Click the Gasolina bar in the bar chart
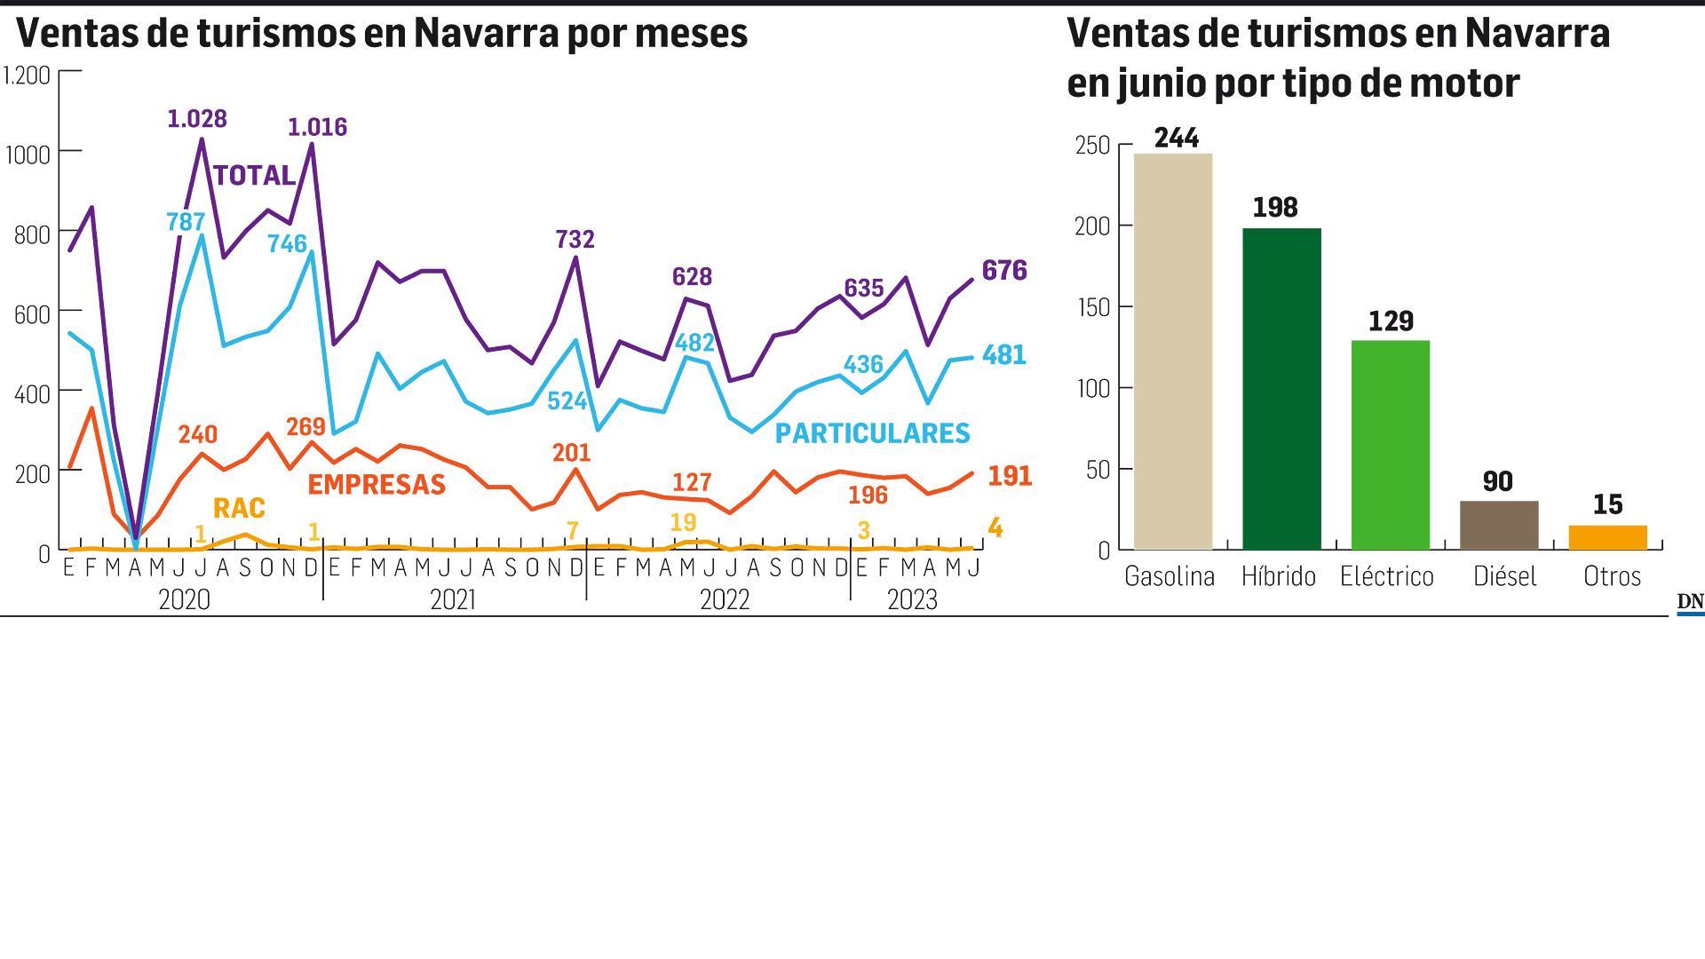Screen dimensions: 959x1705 pyautogui.click(x=1172, y=352)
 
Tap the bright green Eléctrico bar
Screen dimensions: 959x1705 pyautogui.click(x=1390, y=445)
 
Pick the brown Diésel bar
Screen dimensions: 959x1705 pyautogui.click(x=1499, y=526)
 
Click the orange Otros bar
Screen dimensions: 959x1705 pyautogui.click(x=1607, y=537)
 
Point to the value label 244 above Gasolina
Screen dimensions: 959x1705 pyautogui.click(x=1177, y=138)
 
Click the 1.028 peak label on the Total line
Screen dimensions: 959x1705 pyautogui.click(x=197, y=118)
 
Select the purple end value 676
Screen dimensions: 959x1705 pyautogui.click(x=1004, y=270)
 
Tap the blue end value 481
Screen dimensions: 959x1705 pyautogui.click(x=1004, y=354)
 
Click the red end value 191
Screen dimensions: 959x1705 pyautogui.click(x=1010, y=476)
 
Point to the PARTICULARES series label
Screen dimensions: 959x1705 pyautogui.click(x=872, y=433)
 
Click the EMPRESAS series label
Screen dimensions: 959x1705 pyautogui.click(x=377, y=484)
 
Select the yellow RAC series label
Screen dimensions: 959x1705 pyautogui.click(x=239, y=508)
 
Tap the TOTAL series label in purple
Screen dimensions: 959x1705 pyautogui.click(x=254, y=175)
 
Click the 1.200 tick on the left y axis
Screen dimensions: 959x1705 pyautogui.click(x=27, y=75)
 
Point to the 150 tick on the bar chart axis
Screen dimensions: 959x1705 pyautogui.click(x=1092, y=307)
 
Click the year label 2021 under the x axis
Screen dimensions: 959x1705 pyautogui.click(x=453, y=600)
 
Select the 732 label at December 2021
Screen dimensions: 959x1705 pyautogui.click(x=575, y=239)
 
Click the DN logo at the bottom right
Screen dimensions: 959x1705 pyautogui.click(x=1690, y=603)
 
